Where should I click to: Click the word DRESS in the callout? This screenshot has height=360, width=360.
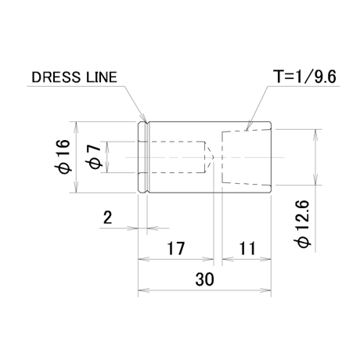(56, 77)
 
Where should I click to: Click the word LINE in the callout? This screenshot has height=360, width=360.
(101, 77)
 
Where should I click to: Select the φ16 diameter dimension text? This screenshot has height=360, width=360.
(64, 157)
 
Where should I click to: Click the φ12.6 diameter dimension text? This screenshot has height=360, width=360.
(304, 224)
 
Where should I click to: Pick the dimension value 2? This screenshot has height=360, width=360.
(107, 217)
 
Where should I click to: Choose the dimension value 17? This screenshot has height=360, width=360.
(176, 248)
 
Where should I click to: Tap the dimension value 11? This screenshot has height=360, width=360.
(247, 248)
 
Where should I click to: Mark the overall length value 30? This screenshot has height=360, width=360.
(204, 279)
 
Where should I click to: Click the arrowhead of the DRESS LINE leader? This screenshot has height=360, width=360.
(142, 117)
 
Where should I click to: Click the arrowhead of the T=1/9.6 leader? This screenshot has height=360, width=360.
(248, 126)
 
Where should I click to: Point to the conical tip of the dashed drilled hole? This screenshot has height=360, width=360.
(214, 157)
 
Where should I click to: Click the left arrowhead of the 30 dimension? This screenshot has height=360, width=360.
(143, 290)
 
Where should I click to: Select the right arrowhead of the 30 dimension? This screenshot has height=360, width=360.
(265, 290)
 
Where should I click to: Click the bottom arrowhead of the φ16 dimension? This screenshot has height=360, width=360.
(76, 187)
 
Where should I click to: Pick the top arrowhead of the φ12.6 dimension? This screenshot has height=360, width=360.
(315, 135)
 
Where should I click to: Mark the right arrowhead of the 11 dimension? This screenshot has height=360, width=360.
(265, 259)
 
